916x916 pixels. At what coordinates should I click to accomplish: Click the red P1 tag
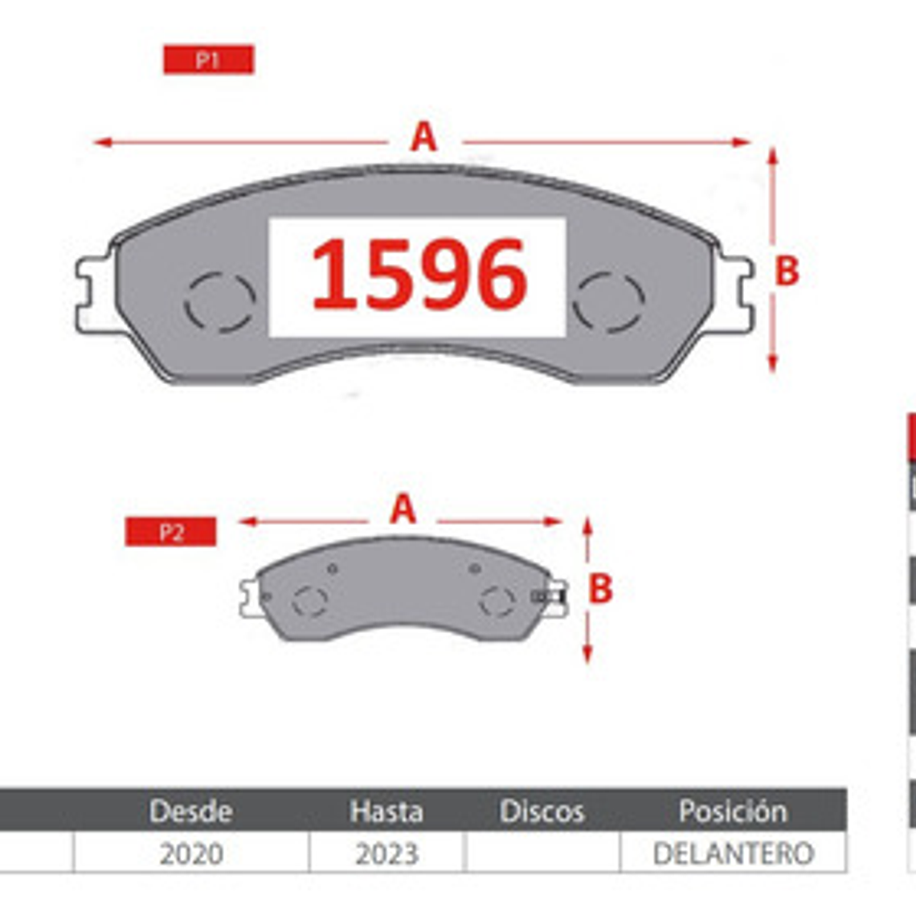tap(208, 60)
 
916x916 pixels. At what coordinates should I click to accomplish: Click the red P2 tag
tap(170, 532)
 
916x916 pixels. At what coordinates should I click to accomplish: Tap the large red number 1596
tap(419, 276)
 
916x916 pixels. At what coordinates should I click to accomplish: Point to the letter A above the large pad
tap(423, 137)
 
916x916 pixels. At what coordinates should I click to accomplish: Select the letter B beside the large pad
tap(787, 271)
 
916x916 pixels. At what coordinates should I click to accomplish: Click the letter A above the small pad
tap(403, 509)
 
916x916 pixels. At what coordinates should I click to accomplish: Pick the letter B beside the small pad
tap(600, 589)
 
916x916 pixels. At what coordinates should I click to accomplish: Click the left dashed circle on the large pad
tap(219, 302)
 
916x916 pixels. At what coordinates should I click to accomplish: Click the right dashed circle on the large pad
tap(608, 301)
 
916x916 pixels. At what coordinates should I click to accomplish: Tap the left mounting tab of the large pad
tap(94, 293)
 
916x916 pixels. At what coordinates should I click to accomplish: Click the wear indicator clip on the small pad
tap(550, 596)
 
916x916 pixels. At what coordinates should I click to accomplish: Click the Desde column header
tap(190, 811)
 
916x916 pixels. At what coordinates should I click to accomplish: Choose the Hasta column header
tap(386, 811)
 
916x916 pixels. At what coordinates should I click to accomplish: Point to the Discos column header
tap(542, 811)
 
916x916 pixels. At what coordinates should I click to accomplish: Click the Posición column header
tap(732, 811)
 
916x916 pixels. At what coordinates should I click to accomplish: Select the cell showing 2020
tap(191, 853)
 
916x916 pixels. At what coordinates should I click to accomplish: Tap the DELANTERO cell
tap(733, 853)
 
